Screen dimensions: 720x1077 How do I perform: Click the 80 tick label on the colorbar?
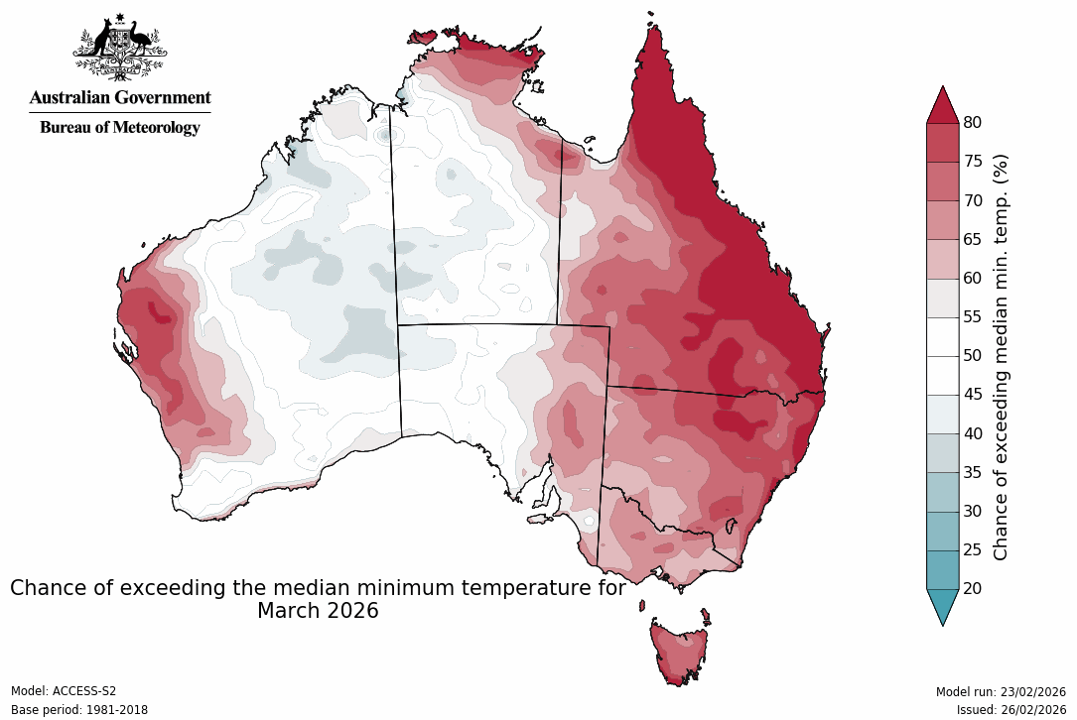(972, 122)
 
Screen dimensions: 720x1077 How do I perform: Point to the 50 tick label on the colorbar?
(972, 355)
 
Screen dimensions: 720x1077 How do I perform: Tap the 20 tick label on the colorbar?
(972, 588)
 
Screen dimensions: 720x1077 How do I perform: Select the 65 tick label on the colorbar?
(972, 239)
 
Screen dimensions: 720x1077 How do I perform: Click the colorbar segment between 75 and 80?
(942, 143)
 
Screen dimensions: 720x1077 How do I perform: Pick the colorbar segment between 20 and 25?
(942, 569)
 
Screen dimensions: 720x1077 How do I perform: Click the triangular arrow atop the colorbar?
(942, 105)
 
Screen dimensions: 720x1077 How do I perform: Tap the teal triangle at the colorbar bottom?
(942, 605)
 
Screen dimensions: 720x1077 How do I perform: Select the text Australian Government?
(120, 97)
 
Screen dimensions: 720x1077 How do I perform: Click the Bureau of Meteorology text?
(120, 127)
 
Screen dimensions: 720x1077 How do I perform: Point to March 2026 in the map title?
(318, 611)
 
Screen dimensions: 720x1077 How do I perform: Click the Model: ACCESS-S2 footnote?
(64, 691)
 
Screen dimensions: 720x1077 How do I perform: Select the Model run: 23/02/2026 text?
(1001, 691)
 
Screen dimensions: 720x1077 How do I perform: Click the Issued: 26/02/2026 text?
(1010, 710)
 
